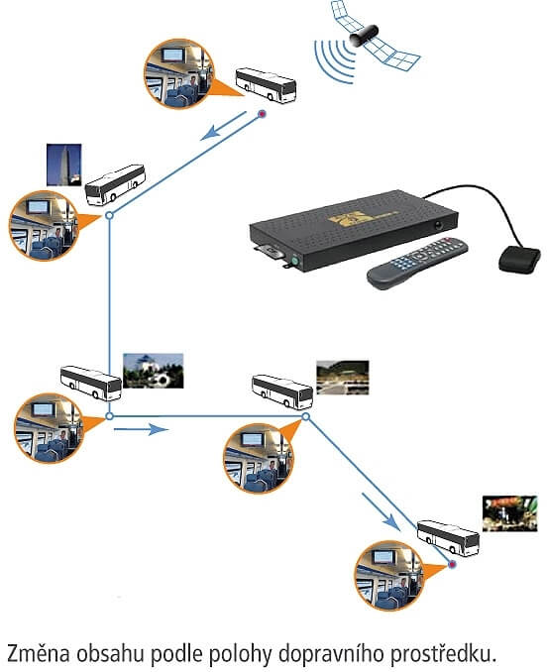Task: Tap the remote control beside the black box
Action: tap(417, 263)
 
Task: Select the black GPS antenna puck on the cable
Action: tap(519, 260)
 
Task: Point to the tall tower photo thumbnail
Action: tap(63, 165)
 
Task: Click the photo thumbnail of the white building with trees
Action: tap(154, 371)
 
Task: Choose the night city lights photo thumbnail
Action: tap(509, 513)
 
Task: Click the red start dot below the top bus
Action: tap(262, 114)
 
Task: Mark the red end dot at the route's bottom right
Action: tap(452, 564)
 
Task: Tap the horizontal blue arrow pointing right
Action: tap(142, 428)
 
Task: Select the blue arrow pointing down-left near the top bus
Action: tap(224, 126)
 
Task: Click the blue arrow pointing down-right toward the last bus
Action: tap(380, 511)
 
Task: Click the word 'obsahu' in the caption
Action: tap(111, 654)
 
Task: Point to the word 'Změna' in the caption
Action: tap(39, 654)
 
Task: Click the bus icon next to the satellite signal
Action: tap(266, 85)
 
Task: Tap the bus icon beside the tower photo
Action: tap(115, 184)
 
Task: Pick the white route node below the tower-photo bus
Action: tap(110, 215)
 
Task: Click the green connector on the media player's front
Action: tap(294, 260)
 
